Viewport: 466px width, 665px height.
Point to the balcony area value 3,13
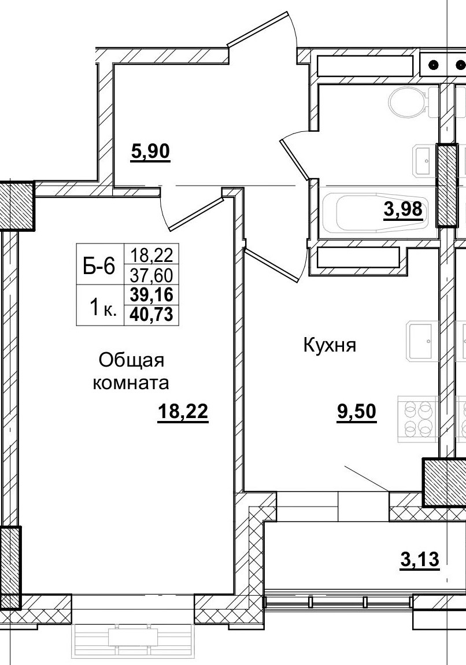pos(420,559)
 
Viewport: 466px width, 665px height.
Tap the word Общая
pos(132,360)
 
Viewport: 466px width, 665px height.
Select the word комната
pos(131,382)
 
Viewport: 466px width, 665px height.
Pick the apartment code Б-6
pos(99,267)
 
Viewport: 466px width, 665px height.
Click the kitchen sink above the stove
pos(420,341)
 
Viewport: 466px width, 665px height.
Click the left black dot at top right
pos(434,64)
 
